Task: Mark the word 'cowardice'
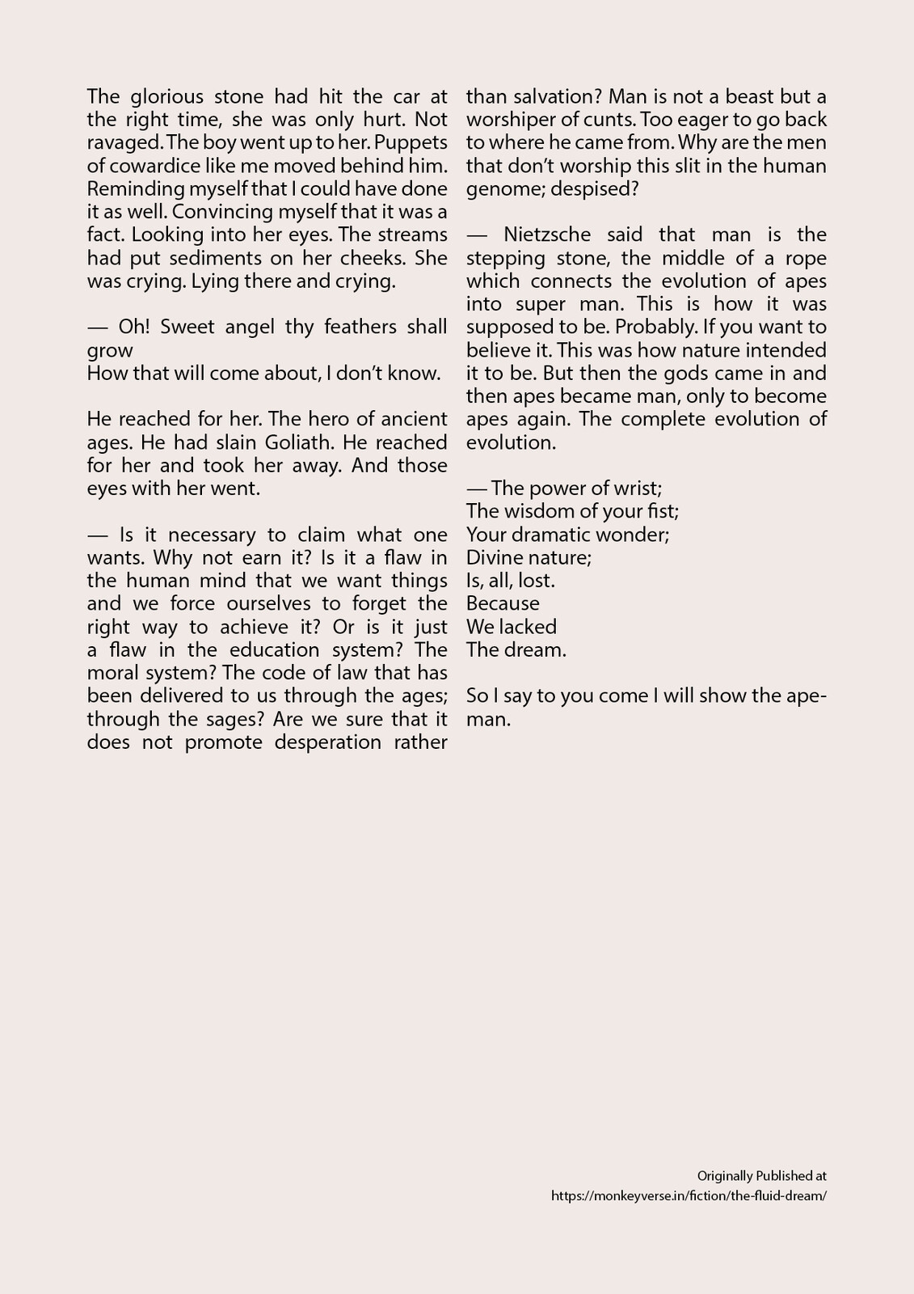[x=158, y=167]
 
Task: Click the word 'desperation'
[x=327, y=742]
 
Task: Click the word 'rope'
[x=805, y=259]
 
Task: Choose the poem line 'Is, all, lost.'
[x=511, y=581]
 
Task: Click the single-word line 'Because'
[x=503, y=604]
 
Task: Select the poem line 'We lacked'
[x=512, y=627]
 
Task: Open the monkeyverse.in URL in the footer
[x=689, y=1196]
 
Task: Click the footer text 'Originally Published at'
[x=761, y=1176]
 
